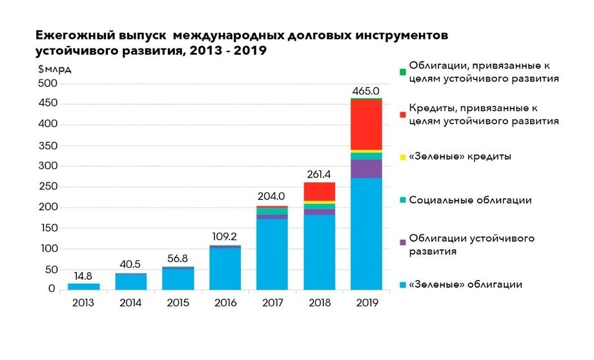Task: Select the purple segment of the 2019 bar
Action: pyautogui.click(x=366, y=168)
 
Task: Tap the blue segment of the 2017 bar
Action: pyautogui.click(x=272, y=254)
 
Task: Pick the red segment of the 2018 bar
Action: pyautogui.click(x=319, y=192)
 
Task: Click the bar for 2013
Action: pyautogui.click(x=84, y=286)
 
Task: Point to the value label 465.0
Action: pyautogui.click(x=365, y=91)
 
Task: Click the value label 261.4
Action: pyautogui.click(x=319, y=175)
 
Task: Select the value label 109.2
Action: pyautogui.click(x=225, y=237)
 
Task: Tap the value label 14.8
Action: pyautogui.click(x=84, y=277)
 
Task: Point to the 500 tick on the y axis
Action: pyautogui.click(x=49, y=84)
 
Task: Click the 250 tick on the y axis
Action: pyautogui.click(x=49, y=187)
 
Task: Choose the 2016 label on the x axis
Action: pyautogui.click(x=225, y=302)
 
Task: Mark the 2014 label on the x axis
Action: pyautogui.click(x=130, y=302)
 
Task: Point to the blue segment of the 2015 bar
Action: pyautogui.click(x=178, y=279)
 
